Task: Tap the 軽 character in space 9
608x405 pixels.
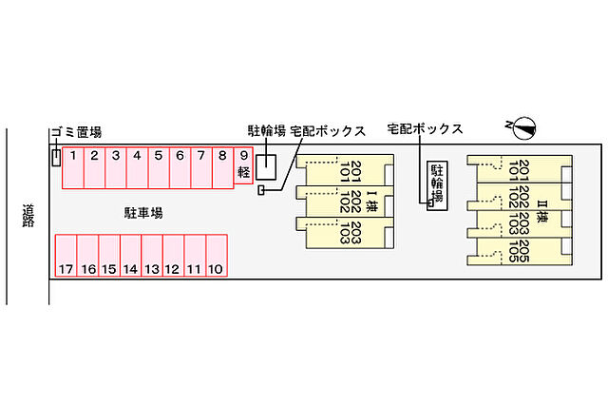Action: (x=243, y=173)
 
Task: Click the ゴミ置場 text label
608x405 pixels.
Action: (x=76, y=132)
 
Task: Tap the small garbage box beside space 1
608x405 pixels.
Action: (x=56, y=158)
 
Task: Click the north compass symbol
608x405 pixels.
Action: (x=522, y=125)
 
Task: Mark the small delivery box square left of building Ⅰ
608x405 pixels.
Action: (x=261, y=192)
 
